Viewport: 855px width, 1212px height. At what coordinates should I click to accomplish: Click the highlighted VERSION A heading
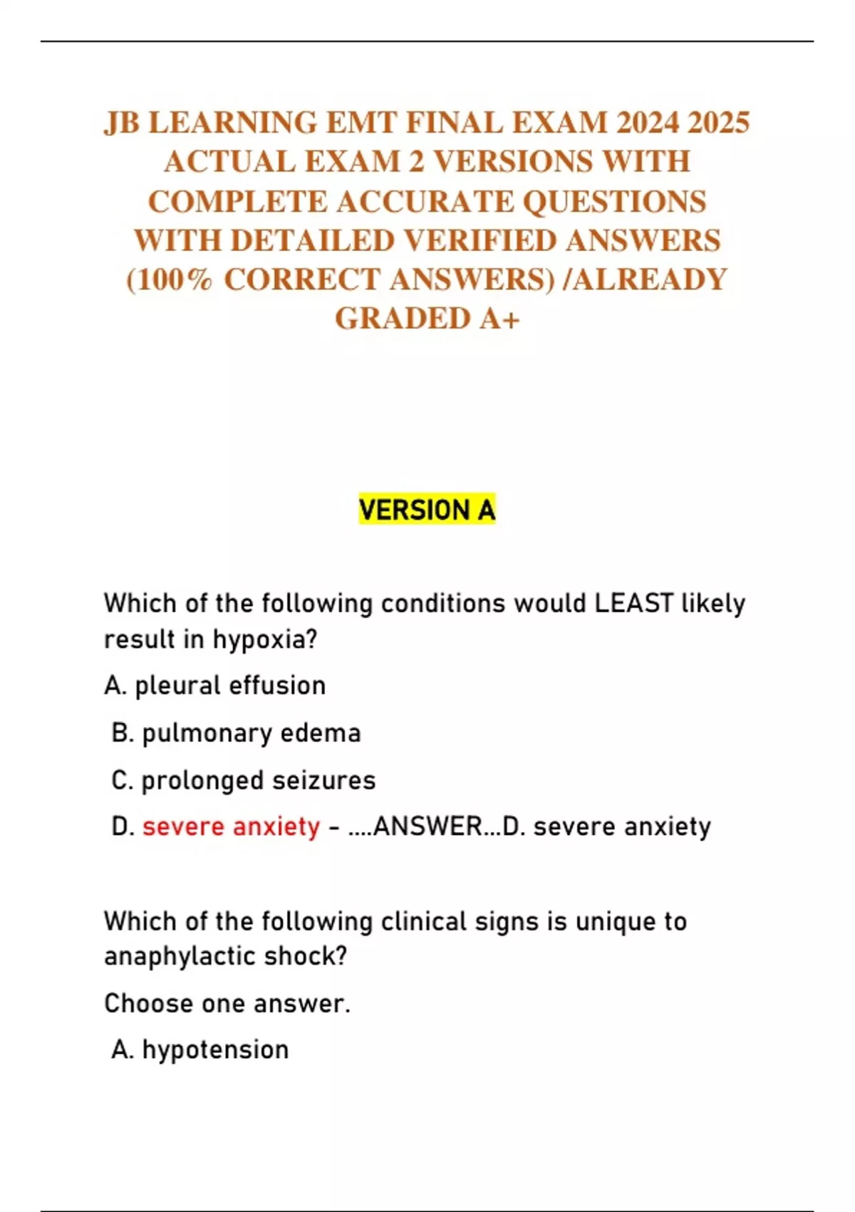[427, 510]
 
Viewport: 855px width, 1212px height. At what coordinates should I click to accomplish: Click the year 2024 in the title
[648, 123]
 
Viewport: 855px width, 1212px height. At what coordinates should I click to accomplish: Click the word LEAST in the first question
[633, 603]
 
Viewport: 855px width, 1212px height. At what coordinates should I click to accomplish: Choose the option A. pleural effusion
[215, 686]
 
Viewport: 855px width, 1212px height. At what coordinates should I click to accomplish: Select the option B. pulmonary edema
[236, 734]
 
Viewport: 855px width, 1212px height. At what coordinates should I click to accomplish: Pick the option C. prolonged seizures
[243, 781]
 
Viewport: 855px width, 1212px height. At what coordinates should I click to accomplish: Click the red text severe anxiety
[231, 827]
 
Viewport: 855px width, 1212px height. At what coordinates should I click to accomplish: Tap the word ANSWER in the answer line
[427, 827]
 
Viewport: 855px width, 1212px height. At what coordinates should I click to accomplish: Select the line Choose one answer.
[227, 1004]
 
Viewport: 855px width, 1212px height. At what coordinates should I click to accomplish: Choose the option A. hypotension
[200, 1050]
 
